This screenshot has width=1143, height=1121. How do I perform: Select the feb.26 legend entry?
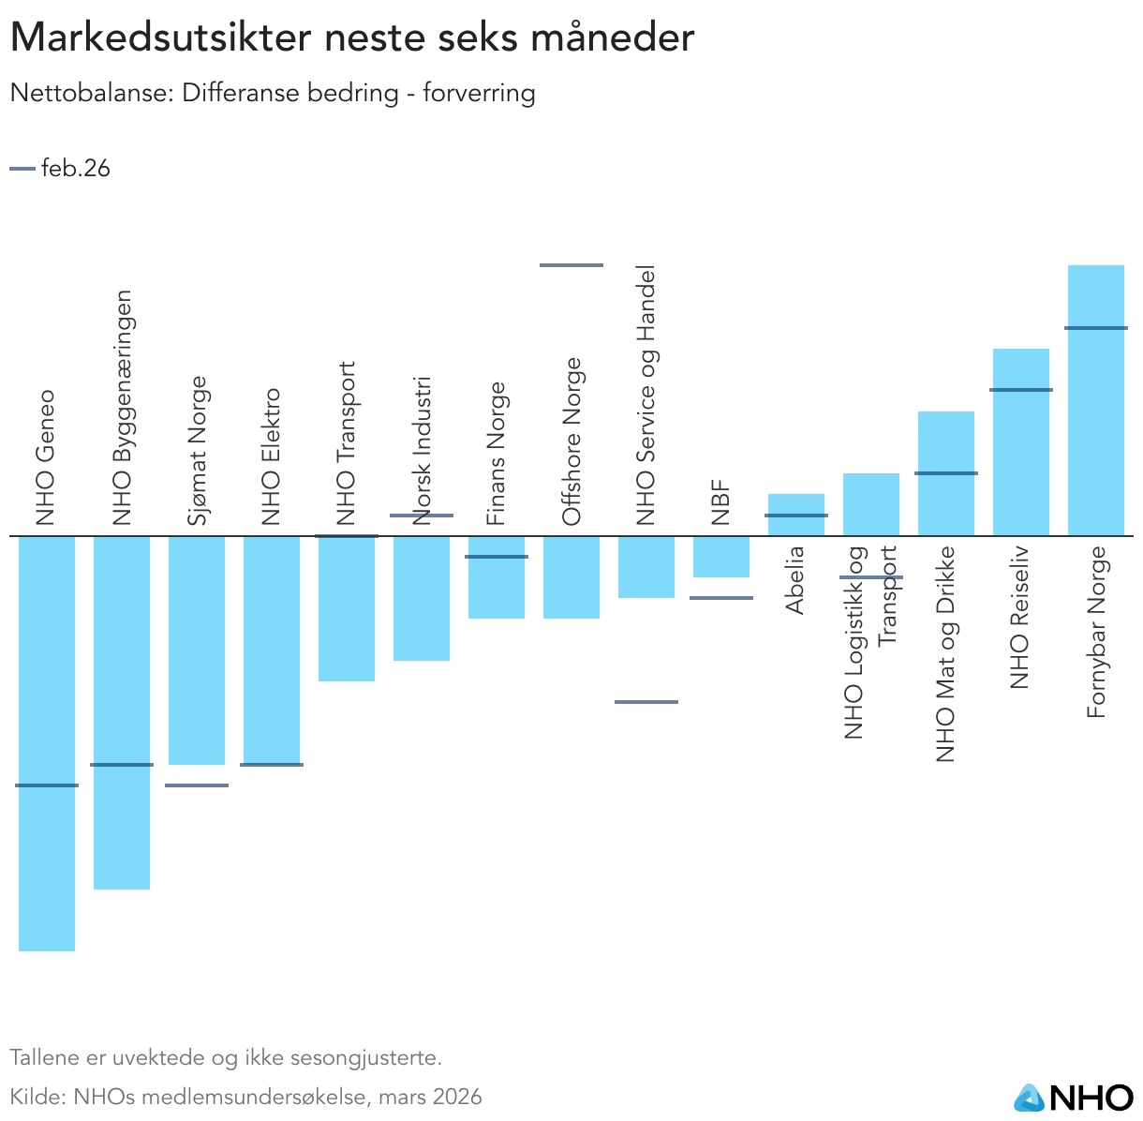pyautogui.click(x=61, y=169)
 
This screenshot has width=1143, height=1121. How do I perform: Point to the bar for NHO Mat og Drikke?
pyautogui.click(x=946, y=506)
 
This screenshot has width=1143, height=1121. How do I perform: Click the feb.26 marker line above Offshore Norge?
pyautogui.click(x=571, y=265)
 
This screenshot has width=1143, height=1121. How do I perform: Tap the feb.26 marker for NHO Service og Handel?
pyautogui.click(x=646, y=701)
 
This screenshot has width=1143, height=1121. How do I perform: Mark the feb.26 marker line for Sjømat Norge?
pyautogui.click(x=197, y=785)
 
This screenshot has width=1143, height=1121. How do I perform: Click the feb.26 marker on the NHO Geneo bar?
pyautogui.click(x=47, y=785)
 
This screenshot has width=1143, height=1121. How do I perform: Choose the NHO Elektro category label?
pyautogui.click(x=272, y=457)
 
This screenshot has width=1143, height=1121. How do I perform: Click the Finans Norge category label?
pyautogui.click(x=497, y=454)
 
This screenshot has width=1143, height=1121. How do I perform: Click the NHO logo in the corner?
pyautogui.click(x=1074, y=1097)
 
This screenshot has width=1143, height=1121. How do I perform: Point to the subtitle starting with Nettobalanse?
pyautogui.click(x=273, y=94)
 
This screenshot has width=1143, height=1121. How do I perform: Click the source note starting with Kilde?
pyautogui.click(x=245, y=1097)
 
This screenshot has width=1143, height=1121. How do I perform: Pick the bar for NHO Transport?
pyautogui.click(x=347, y=609)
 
